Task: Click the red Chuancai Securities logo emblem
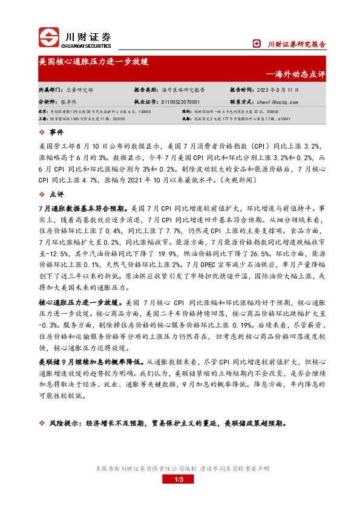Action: pos(48,37)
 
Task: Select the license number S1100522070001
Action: pos(179,102)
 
